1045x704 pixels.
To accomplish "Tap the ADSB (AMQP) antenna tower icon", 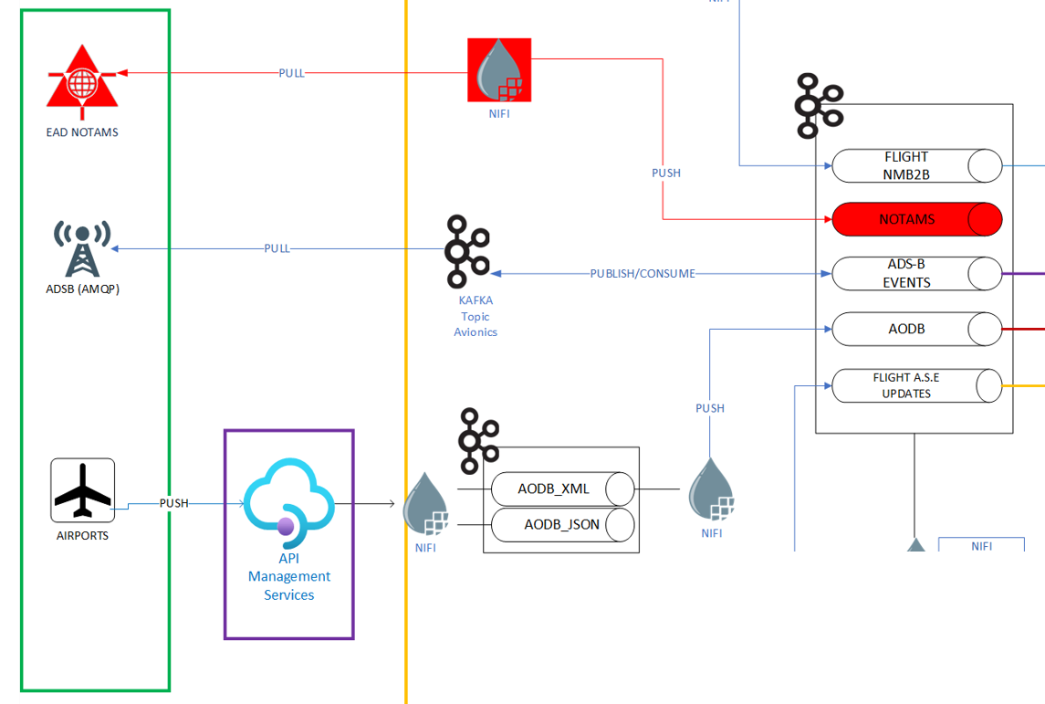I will (82, 248).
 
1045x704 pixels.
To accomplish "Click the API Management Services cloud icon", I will (289, 498).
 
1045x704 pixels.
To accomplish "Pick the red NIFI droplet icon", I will (499, 69).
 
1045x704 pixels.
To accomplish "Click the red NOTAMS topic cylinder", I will (916, 219).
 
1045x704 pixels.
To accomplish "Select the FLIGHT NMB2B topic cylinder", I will (916, 166).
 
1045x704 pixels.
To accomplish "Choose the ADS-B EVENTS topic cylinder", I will (916, 273).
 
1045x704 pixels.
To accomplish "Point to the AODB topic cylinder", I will (916, 329).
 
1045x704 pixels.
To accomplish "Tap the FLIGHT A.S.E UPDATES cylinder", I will (916, 385).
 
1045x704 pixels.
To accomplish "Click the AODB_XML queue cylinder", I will (562, 489).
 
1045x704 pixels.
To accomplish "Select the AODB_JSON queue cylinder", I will (562, 525).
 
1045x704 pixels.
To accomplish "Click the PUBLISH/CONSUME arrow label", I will (643, 273).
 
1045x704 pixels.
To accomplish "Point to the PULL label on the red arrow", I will (292, 73).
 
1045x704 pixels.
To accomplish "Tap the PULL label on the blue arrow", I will (277, 248).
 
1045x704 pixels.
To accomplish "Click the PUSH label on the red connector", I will (666, 173).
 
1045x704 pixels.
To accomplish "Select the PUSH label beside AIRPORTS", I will (174, 503).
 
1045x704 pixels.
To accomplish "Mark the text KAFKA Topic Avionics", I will (475, 316).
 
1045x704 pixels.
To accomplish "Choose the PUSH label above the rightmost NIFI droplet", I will (710, 408).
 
